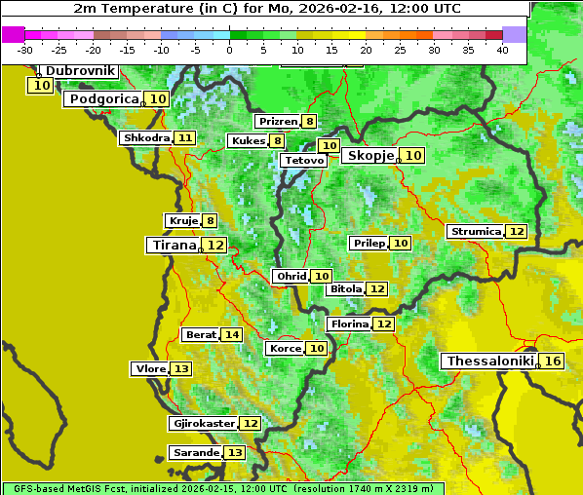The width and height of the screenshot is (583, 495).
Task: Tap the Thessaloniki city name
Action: [x=489, y=362]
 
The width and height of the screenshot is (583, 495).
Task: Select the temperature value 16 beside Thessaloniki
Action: [x=553, y=362]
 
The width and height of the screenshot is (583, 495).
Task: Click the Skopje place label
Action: [x=369, y=156]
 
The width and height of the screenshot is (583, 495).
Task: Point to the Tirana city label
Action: [x=172, y=246]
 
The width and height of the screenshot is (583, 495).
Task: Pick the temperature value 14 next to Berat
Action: [x=231, y=335]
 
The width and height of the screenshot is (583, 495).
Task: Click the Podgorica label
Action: [x=102, y=99]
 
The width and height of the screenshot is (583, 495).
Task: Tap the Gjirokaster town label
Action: [x=203, y=424]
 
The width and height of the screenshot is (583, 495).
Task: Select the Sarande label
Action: [x=195, y=453]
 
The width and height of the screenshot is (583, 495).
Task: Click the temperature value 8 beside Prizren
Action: [x=309, y=122]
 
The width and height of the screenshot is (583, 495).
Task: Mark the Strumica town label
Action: [x=476, y=232]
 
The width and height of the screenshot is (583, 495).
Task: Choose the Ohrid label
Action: [x=291, y=277]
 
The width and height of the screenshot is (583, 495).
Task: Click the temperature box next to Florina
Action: [x=384, y=324]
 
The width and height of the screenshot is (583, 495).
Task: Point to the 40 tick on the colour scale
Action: [x=502, y=50]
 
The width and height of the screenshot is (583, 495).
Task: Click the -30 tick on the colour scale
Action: [x=25, y=50]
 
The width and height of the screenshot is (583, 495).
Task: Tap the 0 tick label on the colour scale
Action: [x=230, y=50]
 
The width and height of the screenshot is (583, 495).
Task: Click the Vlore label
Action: [x=150, y=369]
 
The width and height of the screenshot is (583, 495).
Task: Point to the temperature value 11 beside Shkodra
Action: [x=185, y=138]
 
